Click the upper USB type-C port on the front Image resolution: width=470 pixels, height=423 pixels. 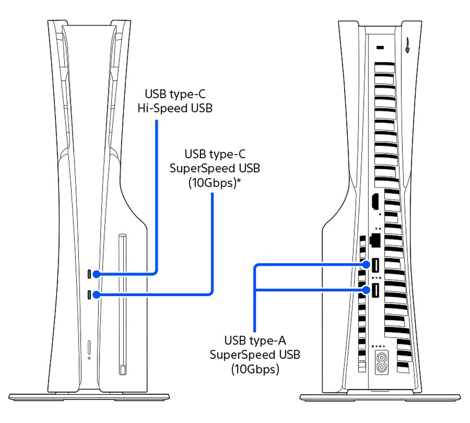click(89, 274)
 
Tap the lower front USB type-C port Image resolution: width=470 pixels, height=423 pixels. click(89, 295)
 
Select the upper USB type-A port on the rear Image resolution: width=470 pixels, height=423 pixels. click(375, 265)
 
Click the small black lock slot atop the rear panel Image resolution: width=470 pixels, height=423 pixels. click(380, 48)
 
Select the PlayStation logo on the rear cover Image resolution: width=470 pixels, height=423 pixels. click(408, 45)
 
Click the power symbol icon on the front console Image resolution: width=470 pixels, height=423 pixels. click(89, 358)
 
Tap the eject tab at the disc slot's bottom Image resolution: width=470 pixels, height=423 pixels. click(123, 369)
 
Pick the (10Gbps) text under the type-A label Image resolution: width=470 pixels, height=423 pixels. click(255, 369)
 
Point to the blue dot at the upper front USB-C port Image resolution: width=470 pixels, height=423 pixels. click(96, 274)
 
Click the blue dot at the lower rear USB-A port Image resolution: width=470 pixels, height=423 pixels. click(366, 290)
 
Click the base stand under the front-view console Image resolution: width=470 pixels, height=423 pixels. click(89, 397)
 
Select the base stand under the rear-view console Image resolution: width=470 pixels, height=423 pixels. click(380, 397)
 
